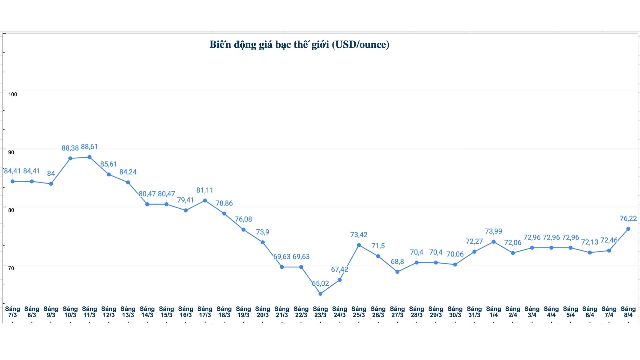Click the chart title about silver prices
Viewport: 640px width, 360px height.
(x=299, y=45)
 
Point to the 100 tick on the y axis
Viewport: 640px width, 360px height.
(x=13, y=94)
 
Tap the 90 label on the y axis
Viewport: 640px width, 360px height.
(x=11, y=152)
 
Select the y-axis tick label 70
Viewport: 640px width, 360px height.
(x=11, y=268)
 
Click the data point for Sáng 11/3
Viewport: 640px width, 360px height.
(x=89, y=157)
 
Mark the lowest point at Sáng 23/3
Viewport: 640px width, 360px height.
(x=320, y=294)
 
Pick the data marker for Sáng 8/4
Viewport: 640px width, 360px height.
(x=628, y=229)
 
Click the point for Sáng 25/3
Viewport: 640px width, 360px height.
(x=359, y=245)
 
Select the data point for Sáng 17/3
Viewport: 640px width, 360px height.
(x=205, y=201)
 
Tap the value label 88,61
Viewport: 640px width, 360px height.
(x=89, y=147)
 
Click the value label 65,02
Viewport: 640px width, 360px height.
(x=320, y=283)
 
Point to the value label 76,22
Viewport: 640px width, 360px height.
(x=628, y=218)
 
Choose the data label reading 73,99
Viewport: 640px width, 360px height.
(x=493, y=231)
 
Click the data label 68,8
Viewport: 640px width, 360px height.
(x=397, y=262)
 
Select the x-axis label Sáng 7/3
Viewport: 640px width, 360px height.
(x=13, y=312)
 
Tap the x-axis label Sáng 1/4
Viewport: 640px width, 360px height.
(x=493, y=312)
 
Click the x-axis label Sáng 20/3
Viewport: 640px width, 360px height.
(x=263, y=312)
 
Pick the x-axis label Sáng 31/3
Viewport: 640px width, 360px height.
(x=474, y=312)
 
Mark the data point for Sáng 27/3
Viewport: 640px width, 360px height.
(x=397, y=272)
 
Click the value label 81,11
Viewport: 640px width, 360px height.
(x=205, y=190)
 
